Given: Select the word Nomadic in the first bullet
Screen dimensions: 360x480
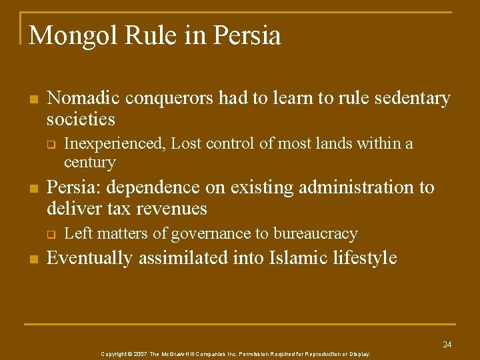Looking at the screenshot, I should [x=83, y=99].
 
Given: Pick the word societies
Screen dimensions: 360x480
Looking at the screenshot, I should [x=81, y=120].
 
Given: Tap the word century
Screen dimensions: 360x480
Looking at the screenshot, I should [x=89, y=162].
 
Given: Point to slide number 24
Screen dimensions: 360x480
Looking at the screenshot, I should [x=447, y=344].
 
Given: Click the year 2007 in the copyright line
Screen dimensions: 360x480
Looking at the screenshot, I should [x=139, y=354].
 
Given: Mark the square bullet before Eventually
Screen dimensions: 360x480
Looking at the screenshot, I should [x=33, y=258].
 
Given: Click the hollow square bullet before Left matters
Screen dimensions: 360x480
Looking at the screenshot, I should [x=49, y=234].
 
